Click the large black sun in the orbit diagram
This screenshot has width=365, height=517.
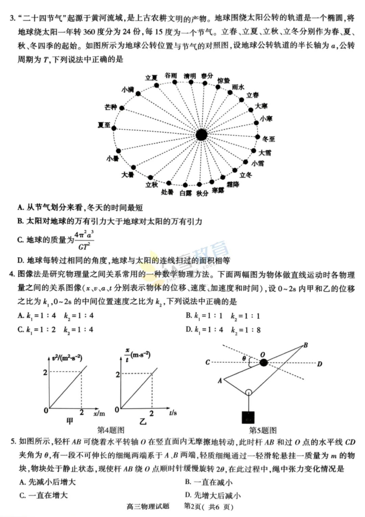click(201, 135)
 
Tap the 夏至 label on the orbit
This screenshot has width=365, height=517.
click(104, 125)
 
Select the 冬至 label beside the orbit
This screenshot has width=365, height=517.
click(269, 139)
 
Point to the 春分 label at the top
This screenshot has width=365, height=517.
click(207, 76)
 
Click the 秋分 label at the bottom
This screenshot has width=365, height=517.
click(202, 193)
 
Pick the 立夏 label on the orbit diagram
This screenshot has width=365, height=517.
click(151, 78)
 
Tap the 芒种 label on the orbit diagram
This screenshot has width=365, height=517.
click(111, 107)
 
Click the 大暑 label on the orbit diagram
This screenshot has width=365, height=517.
click(127, 175)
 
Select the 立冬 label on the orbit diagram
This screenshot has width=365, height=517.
click(246, 175)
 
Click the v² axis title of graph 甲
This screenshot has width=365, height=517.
click(67, 358)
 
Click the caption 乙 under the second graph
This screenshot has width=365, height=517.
click(143, 422)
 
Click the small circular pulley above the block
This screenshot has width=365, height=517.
click(248, 392)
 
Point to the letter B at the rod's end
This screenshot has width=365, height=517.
click(306, 345)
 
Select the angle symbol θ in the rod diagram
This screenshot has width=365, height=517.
click(244, 358)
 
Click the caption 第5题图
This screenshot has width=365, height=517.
click(263, 430)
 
